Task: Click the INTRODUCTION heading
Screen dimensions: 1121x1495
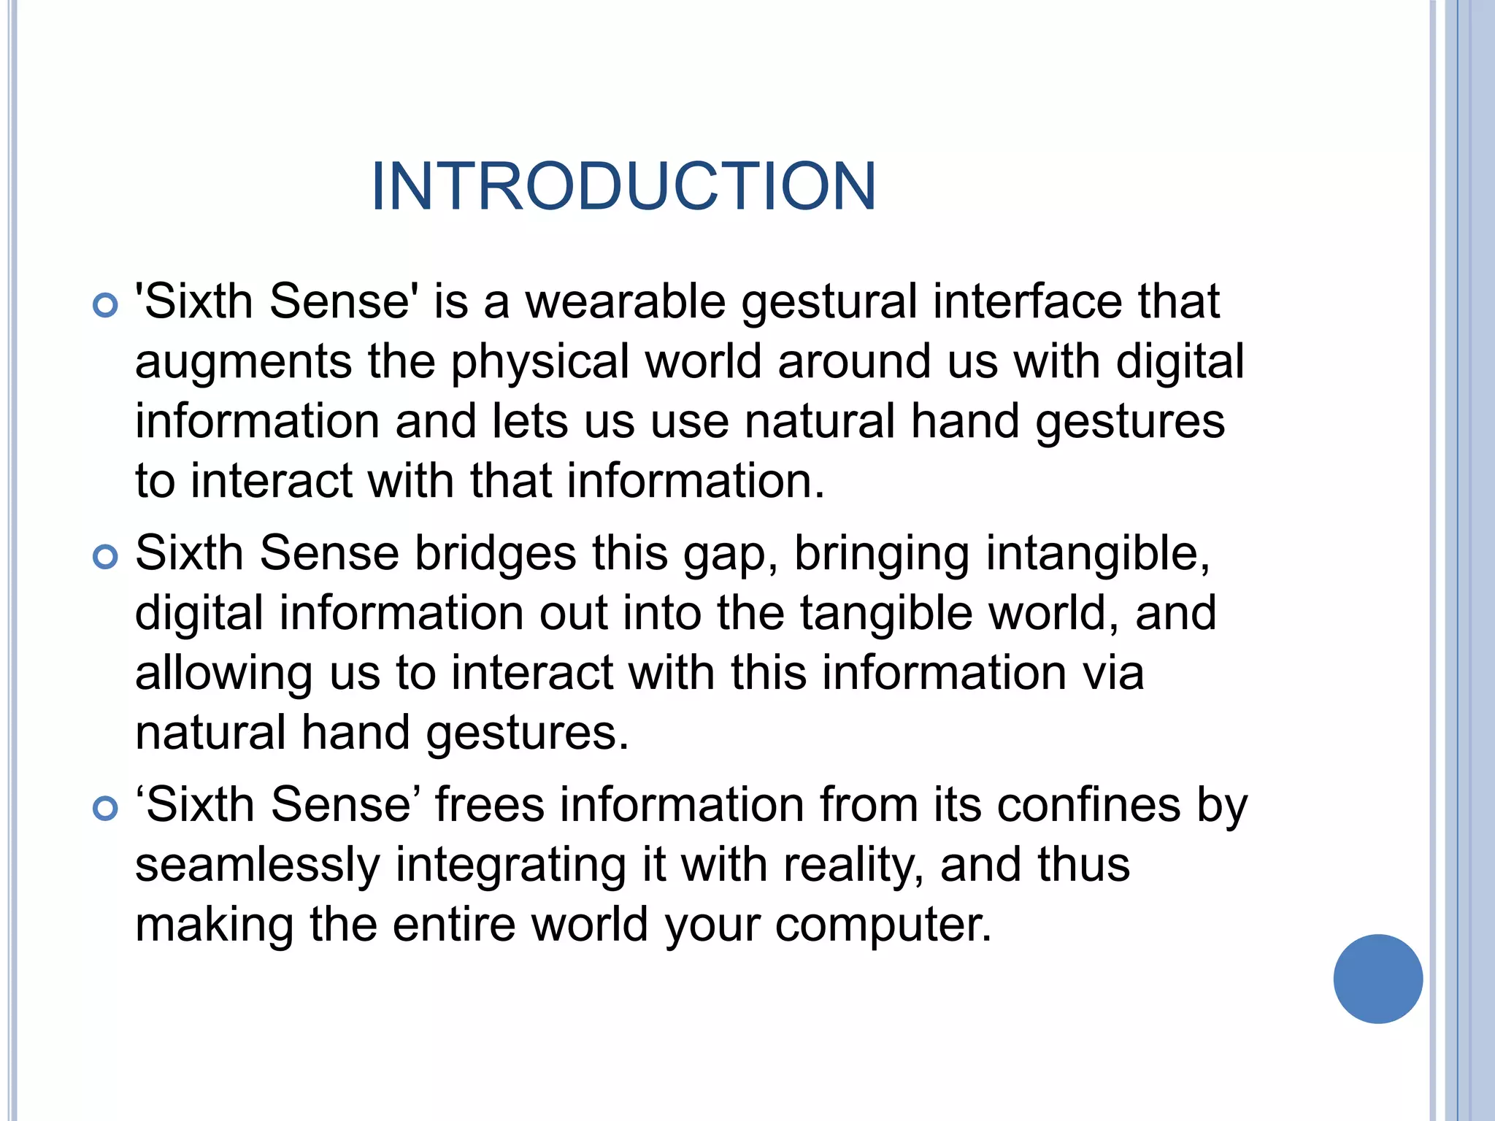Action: [623, 187]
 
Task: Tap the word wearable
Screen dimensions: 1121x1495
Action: [626, 301]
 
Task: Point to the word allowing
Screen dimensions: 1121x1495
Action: [224, 674]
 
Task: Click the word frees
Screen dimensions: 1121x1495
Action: [490, 805]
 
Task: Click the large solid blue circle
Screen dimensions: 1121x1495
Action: [1377, 979]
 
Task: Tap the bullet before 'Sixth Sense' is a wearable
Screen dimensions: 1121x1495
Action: [106, 305]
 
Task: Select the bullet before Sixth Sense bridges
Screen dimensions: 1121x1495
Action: [106, 558]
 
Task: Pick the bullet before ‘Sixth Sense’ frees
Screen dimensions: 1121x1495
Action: [106, 809]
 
